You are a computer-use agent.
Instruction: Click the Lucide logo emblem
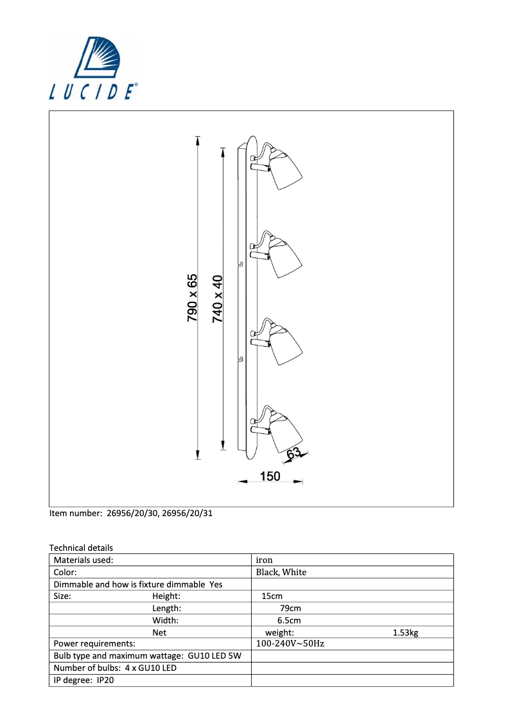[x=97, y=57]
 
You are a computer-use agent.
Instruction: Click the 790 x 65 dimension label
[x=192, y=298]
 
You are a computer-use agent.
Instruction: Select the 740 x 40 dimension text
[x=217, y=299]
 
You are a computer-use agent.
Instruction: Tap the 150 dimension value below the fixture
[x=270, y=476]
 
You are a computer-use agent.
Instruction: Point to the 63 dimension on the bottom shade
[x=293, y=453]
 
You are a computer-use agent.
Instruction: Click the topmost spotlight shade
[x=285, y=169]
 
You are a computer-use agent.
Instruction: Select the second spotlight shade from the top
[x=285, y=257]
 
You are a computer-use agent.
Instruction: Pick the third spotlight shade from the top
[x=285, y=345]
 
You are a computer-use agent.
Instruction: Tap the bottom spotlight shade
[x=285, y=433]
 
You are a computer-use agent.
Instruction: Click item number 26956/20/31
[x=187, y=513]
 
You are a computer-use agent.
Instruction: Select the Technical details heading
[x=82, y=548]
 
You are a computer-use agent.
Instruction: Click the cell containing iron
[x=353, y=560]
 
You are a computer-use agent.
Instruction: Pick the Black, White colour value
[x=281, y=572]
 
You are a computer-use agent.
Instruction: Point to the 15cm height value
[x=272, y=596]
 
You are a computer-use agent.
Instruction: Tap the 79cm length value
[x=290, y=608]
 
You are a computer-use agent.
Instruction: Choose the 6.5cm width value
[x=289, y=620]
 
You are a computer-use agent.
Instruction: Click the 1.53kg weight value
[x=405, y=632]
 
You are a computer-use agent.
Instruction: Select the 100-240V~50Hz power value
[x=290, y=643]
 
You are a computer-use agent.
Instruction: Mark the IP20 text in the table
[x=105, y=680]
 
